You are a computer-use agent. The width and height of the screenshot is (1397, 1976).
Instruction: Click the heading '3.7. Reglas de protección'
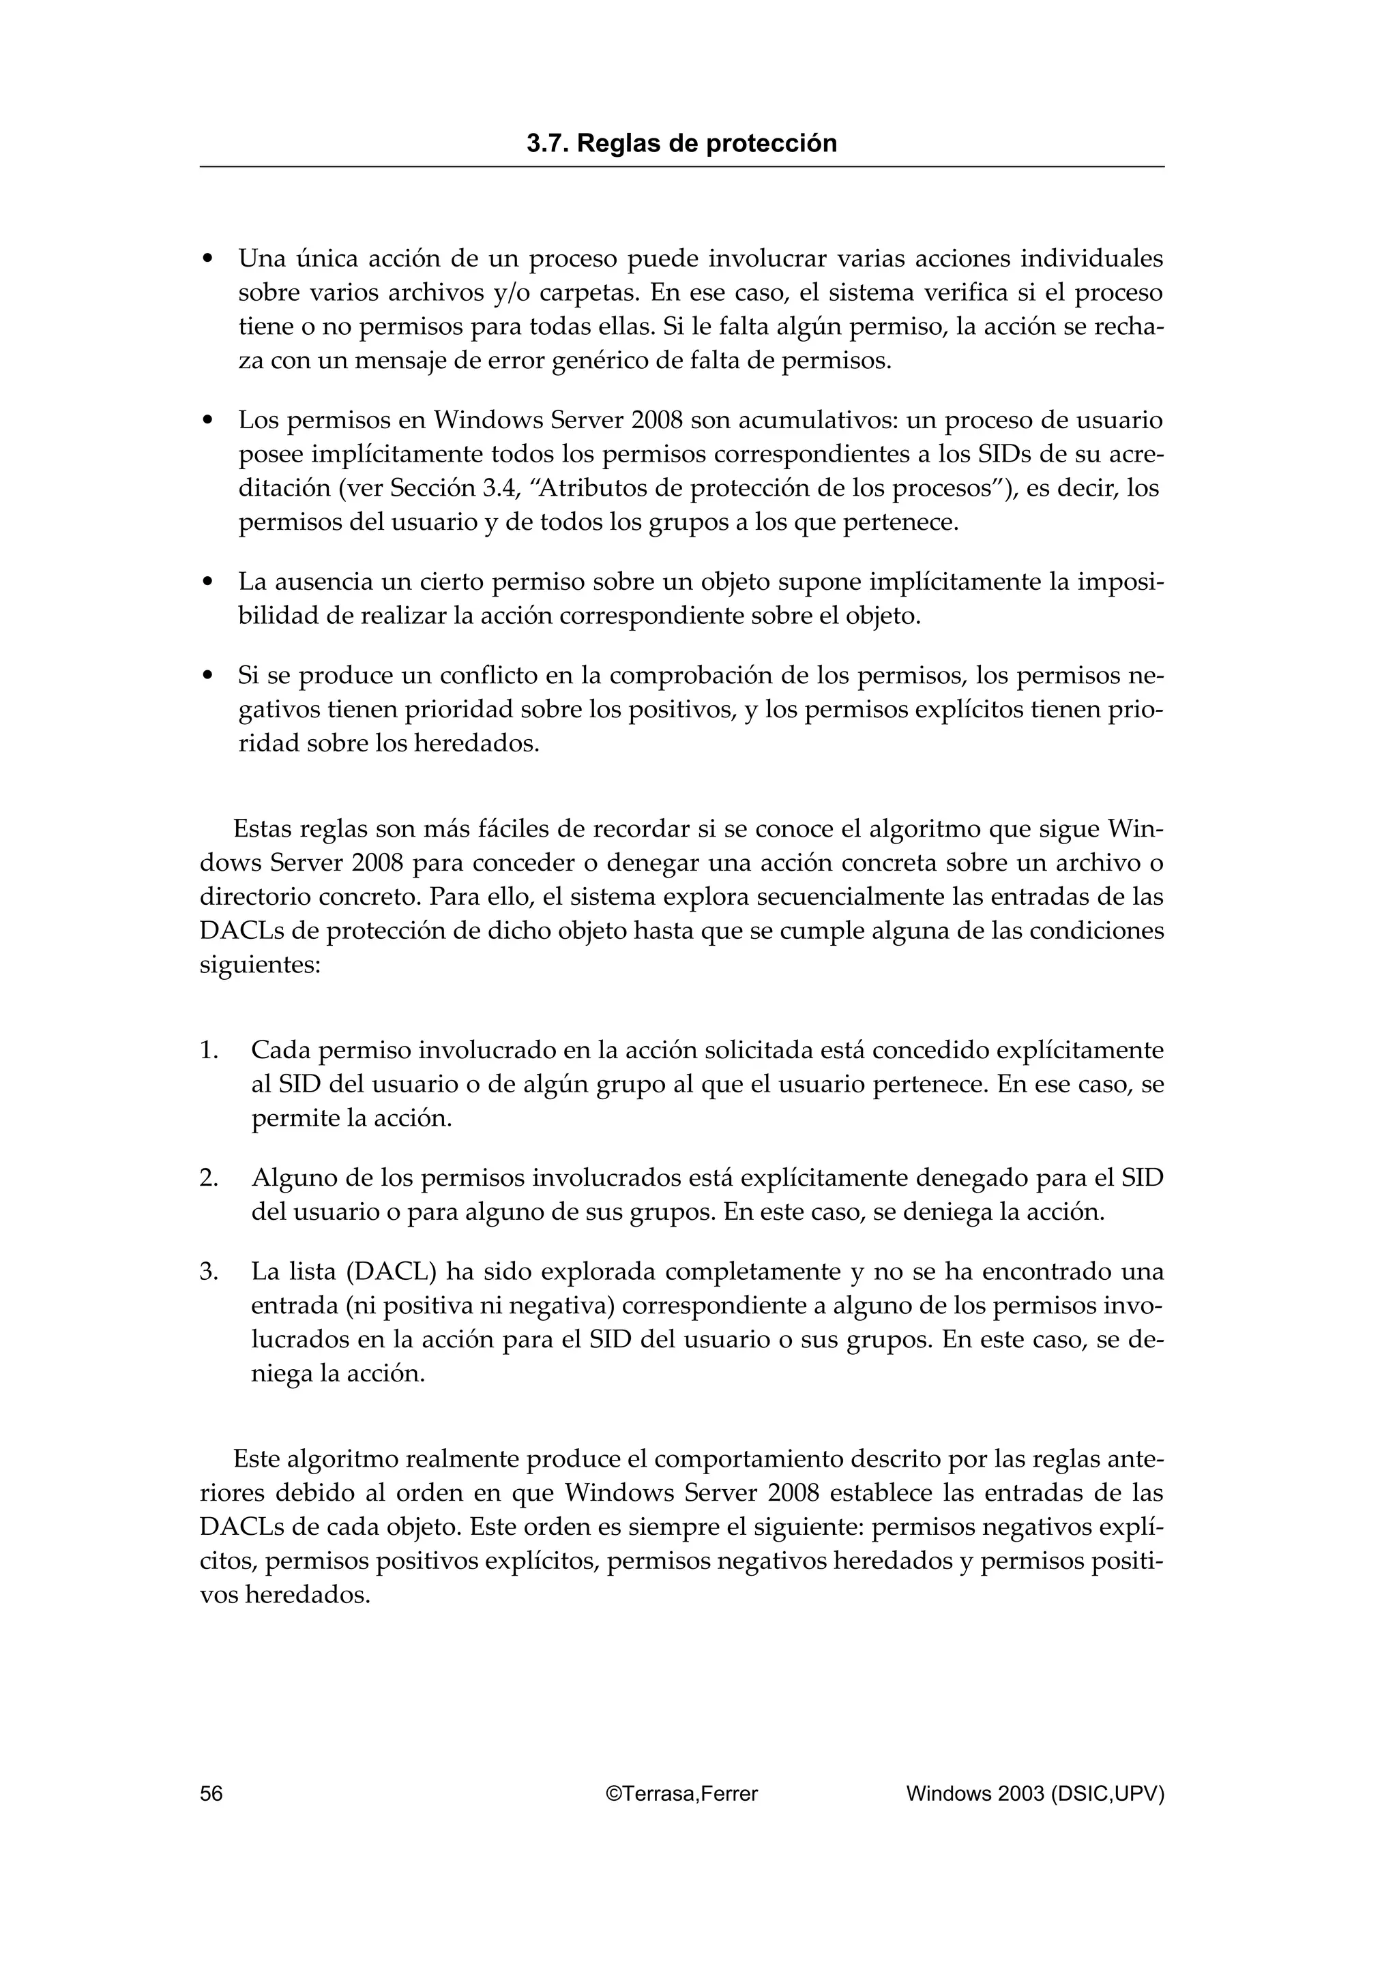click(x=681, y=144)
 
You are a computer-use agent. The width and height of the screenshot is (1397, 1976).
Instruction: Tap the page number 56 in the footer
click(x=211, y=1793)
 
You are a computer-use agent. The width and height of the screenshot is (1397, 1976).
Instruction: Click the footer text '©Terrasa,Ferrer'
click(x=681, y=1793)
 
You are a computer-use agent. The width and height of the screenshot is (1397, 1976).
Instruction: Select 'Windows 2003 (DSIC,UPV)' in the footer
click(x=1035, y=1793)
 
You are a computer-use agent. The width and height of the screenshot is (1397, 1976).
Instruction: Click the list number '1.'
click(x=209, y=1051)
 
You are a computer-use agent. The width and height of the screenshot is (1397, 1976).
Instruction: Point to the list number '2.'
click(x=209, y=1178)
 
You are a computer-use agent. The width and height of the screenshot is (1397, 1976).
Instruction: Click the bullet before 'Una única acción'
click(x=207, y=259)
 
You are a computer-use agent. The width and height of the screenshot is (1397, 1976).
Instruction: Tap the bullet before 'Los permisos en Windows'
click(x=207, y=421)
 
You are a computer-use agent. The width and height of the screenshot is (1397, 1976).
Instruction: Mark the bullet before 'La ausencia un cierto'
click(x=207, y=584)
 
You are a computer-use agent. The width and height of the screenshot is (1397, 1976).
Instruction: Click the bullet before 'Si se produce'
click(x=207, y=676)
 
